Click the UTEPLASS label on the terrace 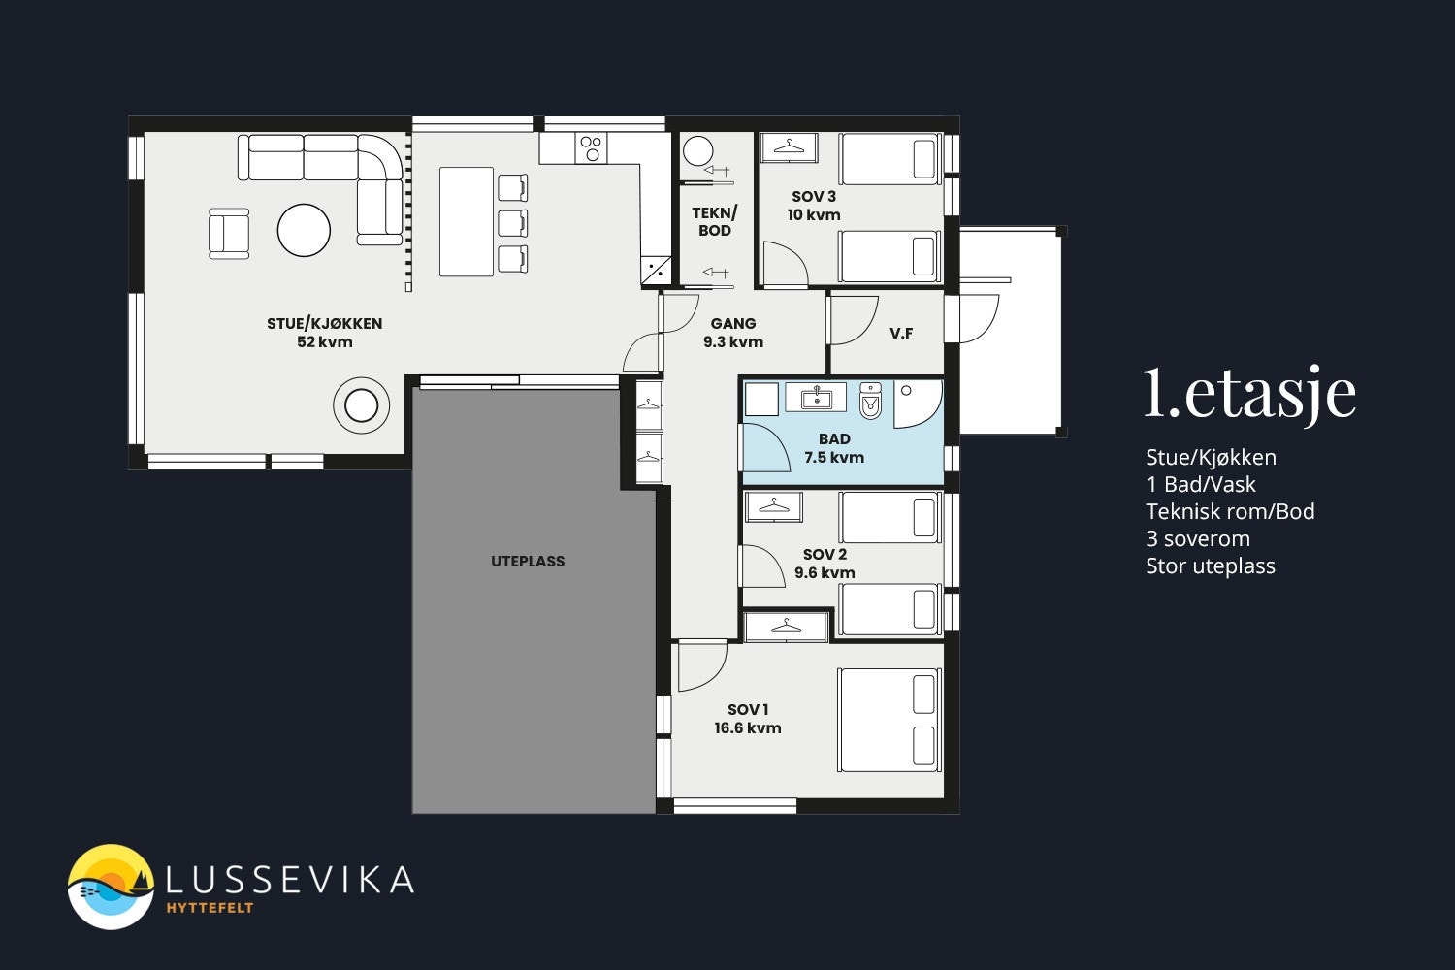(528, 562)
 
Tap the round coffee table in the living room (304, 230)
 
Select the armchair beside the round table (229, 233)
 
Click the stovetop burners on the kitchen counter (591, 148)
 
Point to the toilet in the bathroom (870, 401)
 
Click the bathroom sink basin (816, 398)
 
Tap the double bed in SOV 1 (889, 721)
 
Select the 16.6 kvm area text (748, 728)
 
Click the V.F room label (901, 334)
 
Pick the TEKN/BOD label (715, 221)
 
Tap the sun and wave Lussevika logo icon (111, 887)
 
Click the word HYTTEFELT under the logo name (210, 908)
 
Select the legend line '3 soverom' (1198, 538)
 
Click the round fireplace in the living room (361, 406)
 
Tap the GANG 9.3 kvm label (733, 333)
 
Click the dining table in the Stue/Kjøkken (467, 221)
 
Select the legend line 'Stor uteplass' (1211, 566)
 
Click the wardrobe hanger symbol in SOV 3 (789, 146)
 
